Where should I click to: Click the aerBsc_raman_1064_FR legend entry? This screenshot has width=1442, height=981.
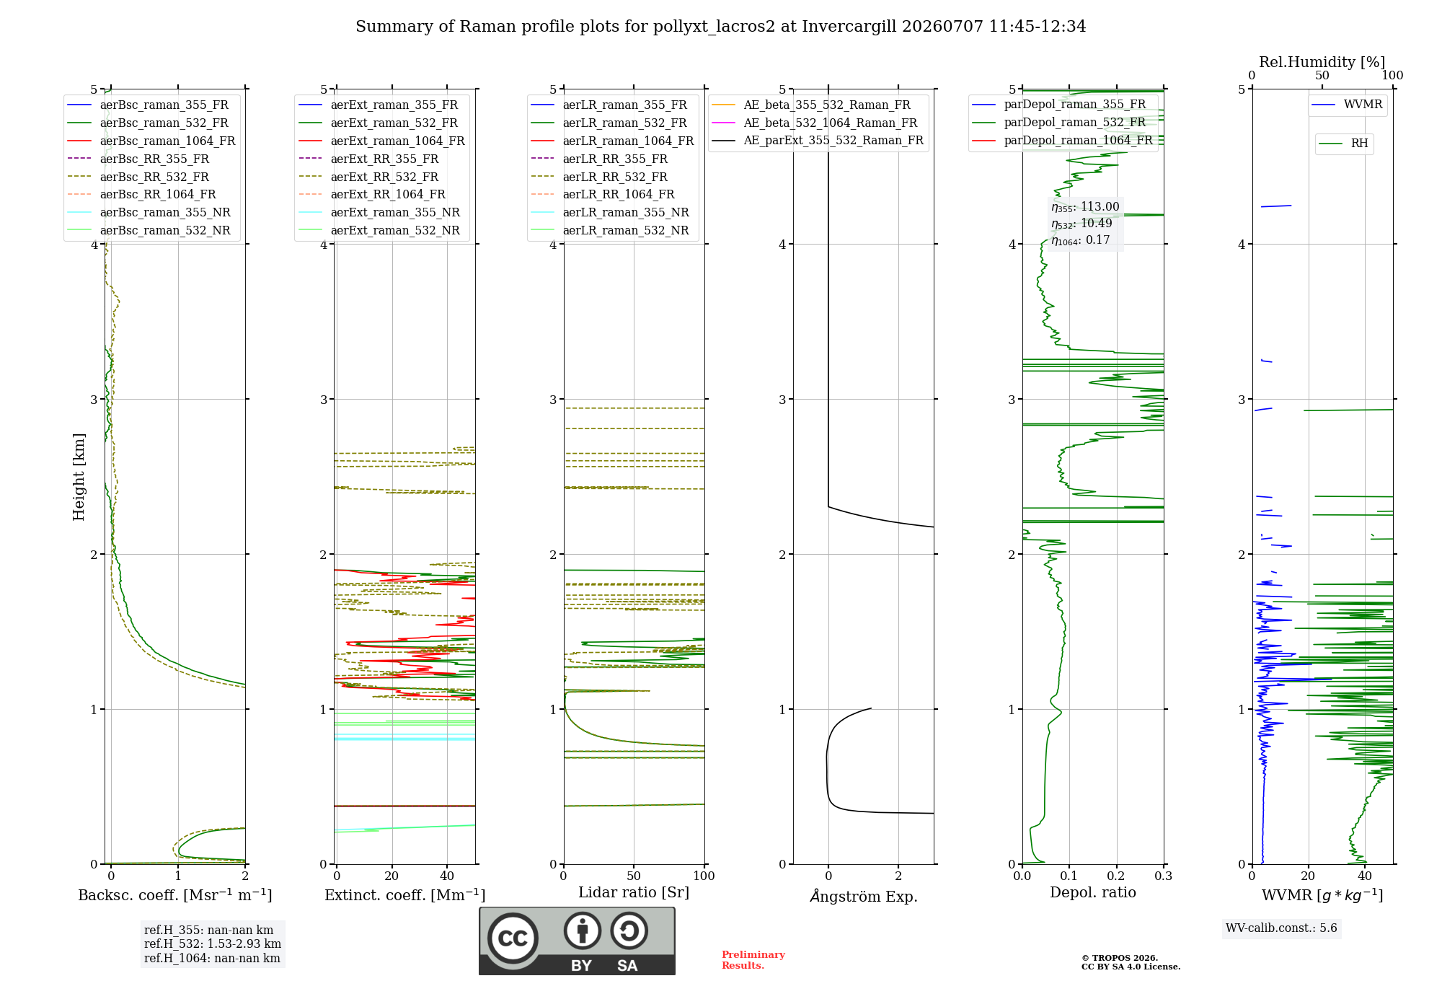coord(151,141)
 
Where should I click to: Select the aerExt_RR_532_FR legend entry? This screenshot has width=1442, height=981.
coord(368,177)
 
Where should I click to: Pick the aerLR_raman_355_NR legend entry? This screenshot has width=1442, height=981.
coord(610,212)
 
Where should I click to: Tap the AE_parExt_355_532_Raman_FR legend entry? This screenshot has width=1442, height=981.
coord(818,140)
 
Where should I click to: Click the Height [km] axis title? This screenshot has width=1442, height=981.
coord(79,477)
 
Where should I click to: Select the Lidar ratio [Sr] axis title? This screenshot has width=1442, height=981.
coord(634,892)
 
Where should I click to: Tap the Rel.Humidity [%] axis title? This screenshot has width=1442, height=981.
coord(1322,62)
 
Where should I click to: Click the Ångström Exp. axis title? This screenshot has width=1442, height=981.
coord(864,896)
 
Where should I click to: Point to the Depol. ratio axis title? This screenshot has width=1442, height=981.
coord(1093,892)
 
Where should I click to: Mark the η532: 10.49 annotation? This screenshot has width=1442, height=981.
coord(1081,224)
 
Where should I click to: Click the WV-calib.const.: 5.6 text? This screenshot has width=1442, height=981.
coord(1281,928)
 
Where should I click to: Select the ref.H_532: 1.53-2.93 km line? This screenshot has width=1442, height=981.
coord(213,943)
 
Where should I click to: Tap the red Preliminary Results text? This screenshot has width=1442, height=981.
coord(753,960)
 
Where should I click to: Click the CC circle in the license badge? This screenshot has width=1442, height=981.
coord(513,938)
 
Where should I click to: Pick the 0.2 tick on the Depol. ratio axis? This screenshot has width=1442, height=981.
coord(1116,876)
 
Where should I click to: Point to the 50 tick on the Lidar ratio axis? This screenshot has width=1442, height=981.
coord(634,876)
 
